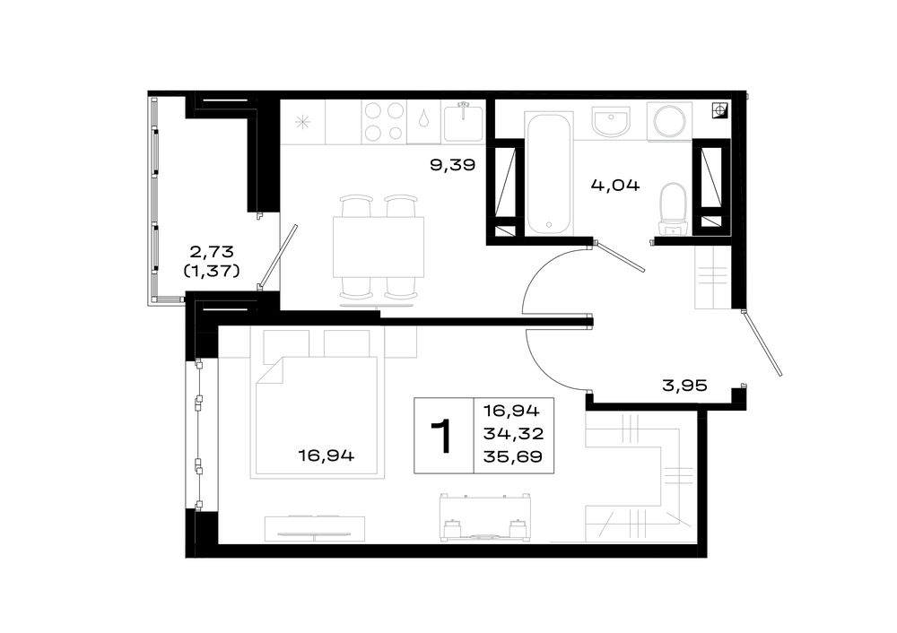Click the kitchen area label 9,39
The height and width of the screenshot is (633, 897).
tap(452, 165)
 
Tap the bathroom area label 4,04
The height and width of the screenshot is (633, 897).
tap(615, 186)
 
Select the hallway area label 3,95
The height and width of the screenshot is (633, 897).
tap(684, 386)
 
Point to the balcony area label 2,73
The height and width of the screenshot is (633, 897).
tap(212, 251)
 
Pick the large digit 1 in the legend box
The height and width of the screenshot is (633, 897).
tap(443, 436)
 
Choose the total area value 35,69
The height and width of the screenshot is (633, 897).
tap(513, 456)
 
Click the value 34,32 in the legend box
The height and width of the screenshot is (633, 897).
tap(513, 434)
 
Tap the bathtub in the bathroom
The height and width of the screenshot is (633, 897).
tap(549, 173)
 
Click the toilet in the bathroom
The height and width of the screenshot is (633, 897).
tap(673, 210)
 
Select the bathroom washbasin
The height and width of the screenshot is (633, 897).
tap(611, 122)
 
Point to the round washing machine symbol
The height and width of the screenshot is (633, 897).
tap(670, 121)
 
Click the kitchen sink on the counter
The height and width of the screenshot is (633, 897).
tap(463, 122)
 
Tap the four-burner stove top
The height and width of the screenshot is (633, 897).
tap(383, 121)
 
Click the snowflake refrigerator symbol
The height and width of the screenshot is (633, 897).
tap(302, 122)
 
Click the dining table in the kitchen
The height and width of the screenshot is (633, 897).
tap(379, 247)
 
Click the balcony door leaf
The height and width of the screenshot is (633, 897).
tap(278, 256)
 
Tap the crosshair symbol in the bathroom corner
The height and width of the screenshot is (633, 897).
tap(720, 110)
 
